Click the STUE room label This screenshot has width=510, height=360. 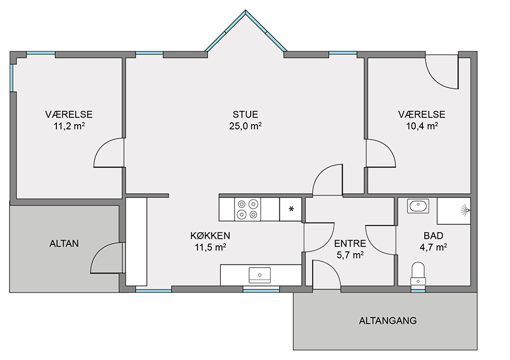point(245,115)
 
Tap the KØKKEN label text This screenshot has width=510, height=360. point(210,235)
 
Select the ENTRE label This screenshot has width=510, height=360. point(350,243)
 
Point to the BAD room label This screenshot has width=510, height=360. point(433,235)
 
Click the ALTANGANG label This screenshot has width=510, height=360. point(388,320)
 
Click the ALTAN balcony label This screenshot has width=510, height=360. point(64,244)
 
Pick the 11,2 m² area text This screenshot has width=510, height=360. point(69,126)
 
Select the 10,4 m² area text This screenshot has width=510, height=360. point(422,126)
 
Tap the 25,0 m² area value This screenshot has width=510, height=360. point(245,126)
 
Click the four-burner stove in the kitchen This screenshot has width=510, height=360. point(248,209)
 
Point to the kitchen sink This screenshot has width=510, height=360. point(260,275)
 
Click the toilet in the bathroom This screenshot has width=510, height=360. point(418,274)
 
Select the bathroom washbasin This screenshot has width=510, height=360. point(418,206)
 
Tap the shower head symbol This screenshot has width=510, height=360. point(466,211)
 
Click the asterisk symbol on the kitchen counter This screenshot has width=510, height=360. point(291,209)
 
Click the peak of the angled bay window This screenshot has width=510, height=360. point(245,11)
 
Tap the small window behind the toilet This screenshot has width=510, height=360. point(418,291)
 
